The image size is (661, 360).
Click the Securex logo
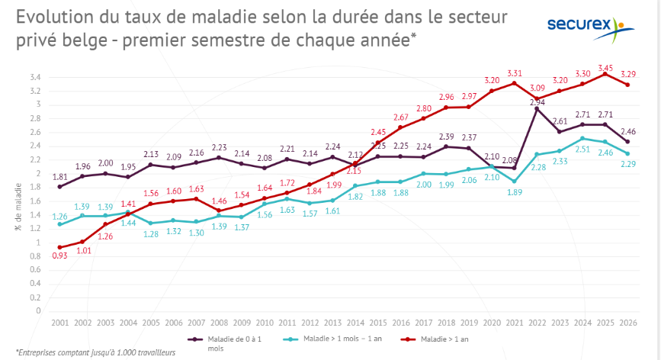(x=591, y=29)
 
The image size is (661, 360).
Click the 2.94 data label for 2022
(x=537, y=102)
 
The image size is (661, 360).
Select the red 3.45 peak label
(x=605, y=68)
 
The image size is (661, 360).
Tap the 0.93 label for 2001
(x=60, y=256)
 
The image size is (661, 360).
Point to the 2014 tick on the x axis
(x=355, y=323)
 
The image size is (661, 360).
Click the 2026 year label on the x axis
(x=628, y=323)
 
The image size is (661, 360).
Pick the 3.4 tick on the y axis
(x=35, y=77)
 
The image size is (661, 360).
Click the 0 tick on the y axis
(x=38, y=310)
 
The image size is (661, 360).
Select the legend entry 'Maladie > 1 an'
(x=435, y=339)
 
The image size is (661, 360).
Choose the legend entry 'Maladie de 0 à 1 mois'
(x=225, y=343)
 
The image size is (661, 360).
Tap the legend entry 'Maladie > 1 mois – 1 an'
(x=332, y=339)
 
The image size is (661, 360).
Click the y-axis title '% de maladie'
(x=18, y=207)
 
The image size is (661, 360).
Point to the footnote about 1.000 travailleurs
(x=95, y=352)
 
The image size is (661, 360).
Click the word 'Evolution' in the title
(x=55, y=17)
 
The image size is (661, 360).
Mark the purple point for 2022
(x=537, y=109)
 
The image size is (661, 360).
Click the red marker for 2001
(x=60, y=247)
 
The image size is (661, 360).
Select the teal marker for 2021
(x=515, y=182)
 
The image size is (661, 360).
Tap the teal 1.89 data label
(x=515, y=192)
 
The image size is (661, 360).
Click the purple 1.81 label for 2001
(x=60, y=177)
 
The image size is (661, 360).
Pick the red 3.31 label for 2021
(x=515, y=73)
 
